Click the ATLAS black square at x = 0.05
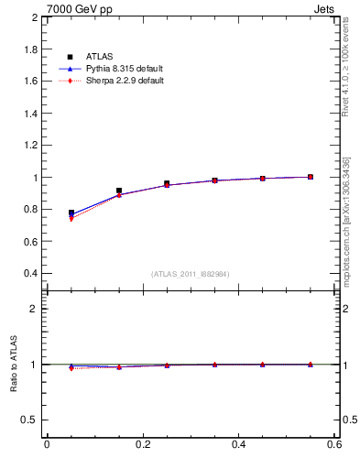(71, 213)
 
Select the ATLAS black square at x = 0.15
(119, 191)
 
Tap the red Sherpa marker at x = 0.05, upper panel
(71, 219)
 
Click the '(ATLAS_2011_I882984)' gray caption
(191, 274)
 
